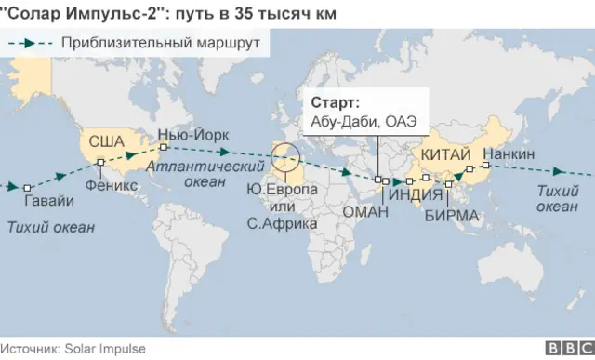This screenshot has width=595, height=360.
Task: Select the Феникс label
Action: click(x=111, y=185)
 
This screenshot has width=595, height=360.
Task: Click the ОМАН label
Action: click(x=365, y=212)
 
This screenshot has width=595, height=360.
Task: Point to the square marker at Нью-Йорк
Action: click(x=163, y=147)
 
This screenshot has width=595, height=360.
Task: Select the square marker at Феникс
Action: click(x=99, y=165)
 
